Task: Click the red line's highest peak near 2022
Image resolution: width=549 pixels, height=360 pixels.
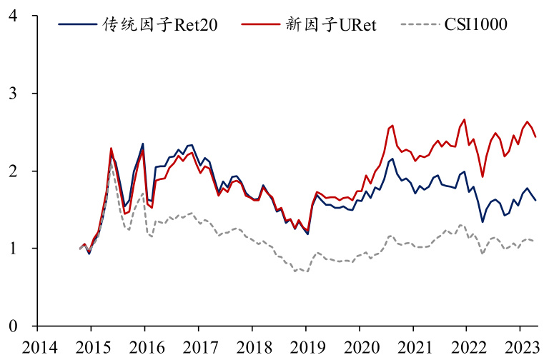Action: pyautogui.click(x=465, y=119)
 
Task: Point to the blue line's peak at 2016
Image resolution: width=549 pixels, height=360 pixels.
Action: pyautogui.click(x=143, y=144)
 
